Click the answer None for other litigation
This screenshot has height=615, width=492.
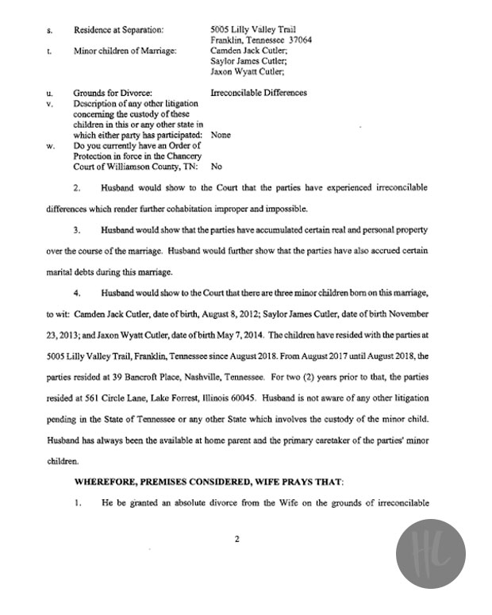[x=221, y=135]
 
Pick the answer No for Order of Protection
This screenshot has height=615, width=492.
[x=217, y=167]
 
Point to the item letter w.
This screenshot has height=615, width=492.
[x=51, y=146]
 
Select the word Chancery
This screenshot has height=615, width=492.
[x=184, y=156]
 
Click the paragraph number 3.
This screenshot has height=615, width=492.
[x=78, y=229]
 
